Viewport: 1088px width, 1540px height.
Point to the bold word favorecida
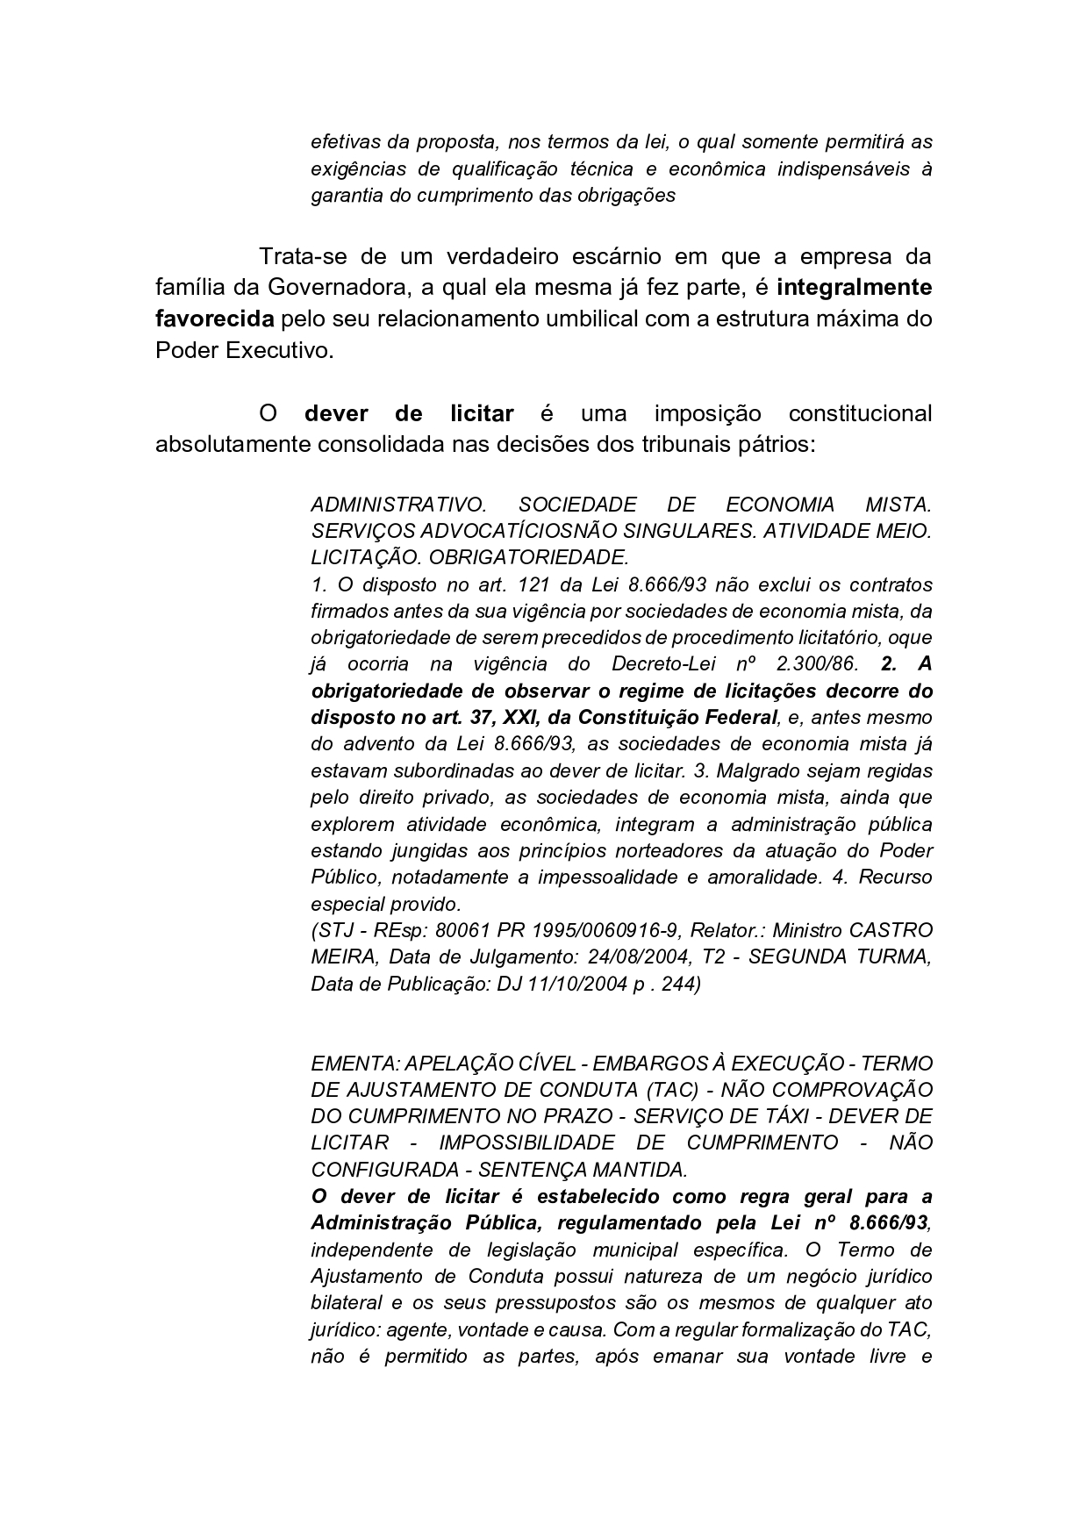click(x=215, y=319)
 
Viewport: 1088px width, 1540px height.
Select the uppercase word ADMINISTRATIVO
click(x=398, y=505)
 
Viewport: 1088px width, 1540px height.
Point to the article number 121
click(x=534, y=584)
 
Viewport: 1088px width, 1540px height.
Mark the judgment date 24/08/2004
click(x=626, y=957)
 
